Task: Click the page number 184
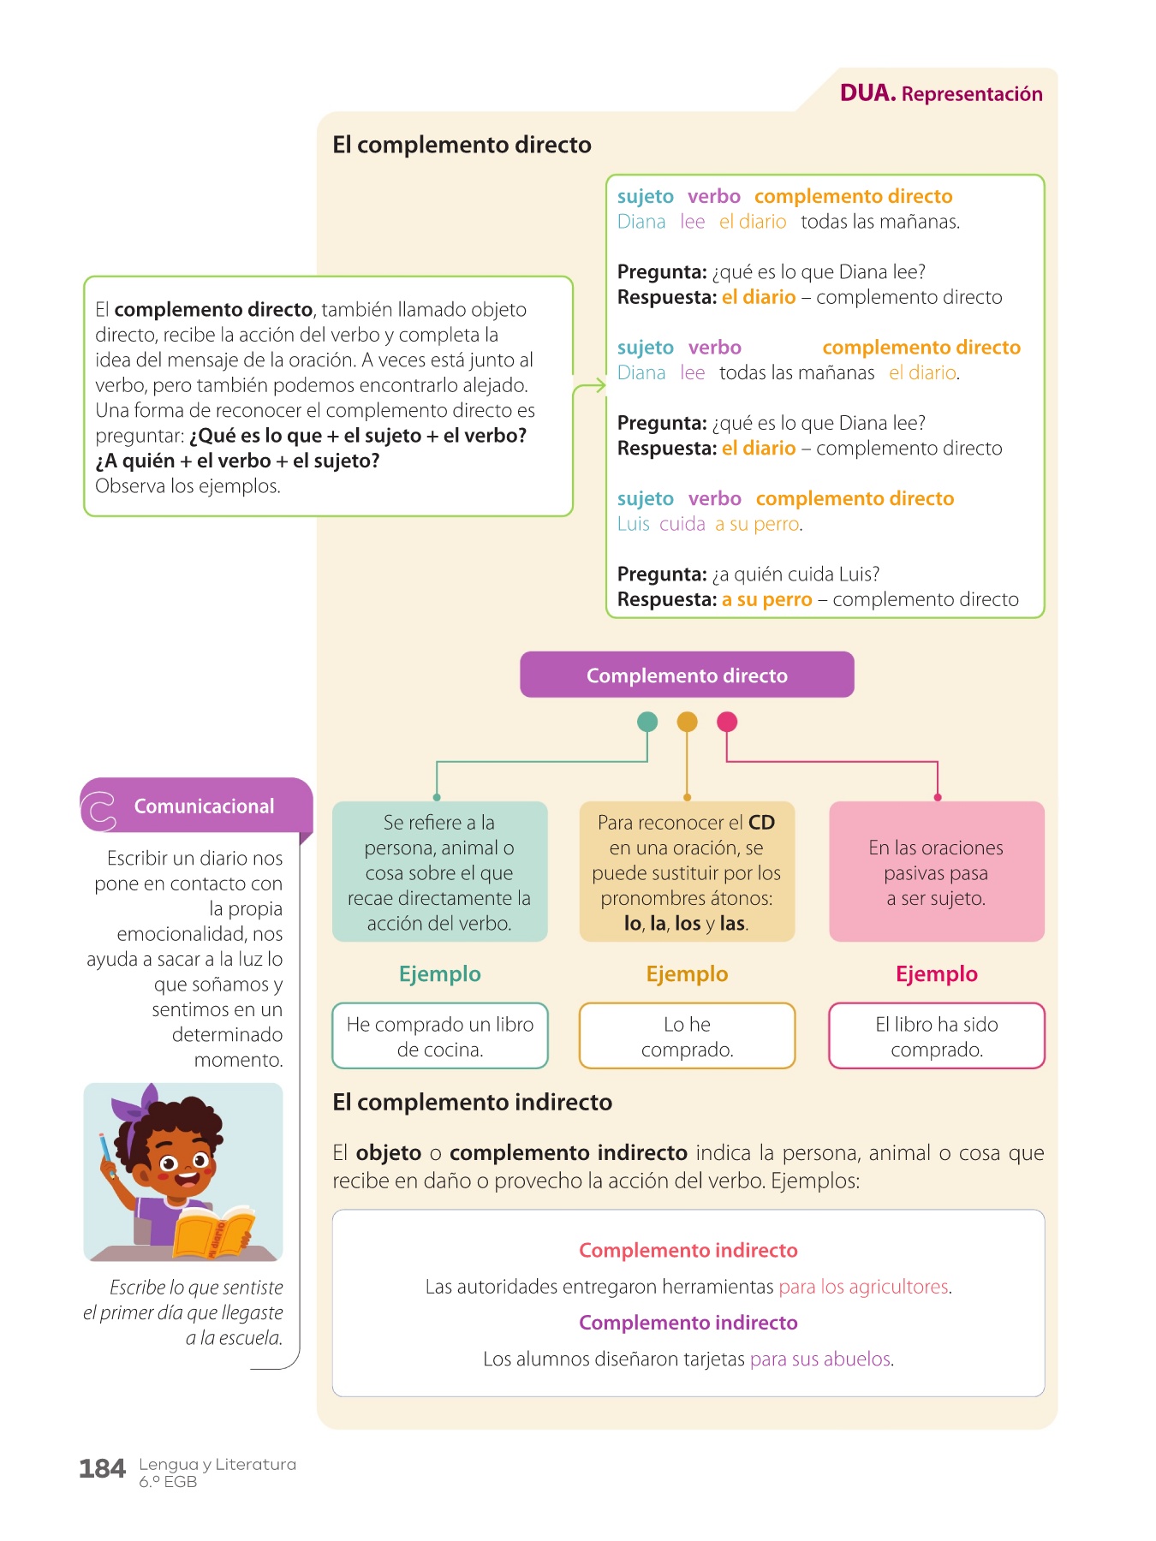[x=102, y=1469]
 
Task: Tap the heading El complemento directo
[x=462, y=145]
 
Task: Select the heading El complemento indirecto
[x=472, y=1102]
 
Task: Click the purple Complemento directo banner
[x=687, y=675]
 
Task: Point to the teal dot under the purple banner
[x=647, y=722]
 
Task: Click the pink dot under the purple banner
[x=727, y=722]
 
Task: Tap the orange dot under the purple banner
[x=687, y=722]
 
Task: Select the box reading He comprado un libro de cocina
[x=440, y=1036]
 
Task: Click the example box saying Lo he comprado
[x=687, y=1036]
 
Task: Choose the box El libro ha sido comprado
[x=937, y=1036]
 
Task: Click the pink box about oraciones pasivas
[x=937, y=872]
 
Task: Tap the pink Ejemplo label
[x=937, y=974]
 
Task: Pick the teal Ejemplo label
[x=440, y=974]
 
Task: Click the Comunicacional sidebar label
[x=204, y=806]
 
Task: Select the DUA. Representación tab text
[x=941, y=93]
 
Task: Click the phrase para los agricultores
[x=865, y=1287]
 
